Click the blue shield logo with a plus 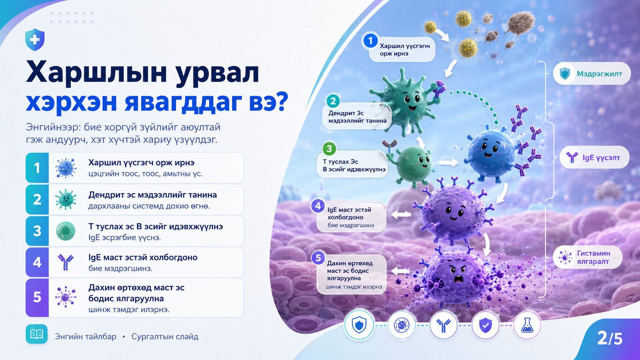(x=35, y=39)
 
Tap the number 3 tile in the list (x=37, y=231)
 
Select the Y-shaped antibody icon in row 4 (x=66, y=262)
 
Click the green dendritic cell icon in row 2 (x=66, y=199)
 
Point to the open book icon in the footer (x=37, y=334)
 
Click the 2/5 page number (x=610, y=339)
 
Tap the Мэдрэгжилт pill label (x=592, y=74)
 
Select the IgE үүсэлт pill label (x=594, y=157)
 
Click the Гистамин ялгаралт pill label (x=588, y=257)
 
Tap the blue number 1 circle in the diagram (x=371, y=41)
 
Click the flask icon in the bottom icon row (x=527, y=325)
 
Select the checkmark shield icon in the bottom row (x=485, y=325)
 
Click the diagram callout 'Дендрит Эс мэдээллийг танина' (x=357, y=117)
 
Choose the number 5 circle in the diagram (x=318, y=258)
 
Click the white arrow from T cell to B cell (x=449, y=163)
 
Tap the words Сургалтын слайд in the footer (x=165, y=337)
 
